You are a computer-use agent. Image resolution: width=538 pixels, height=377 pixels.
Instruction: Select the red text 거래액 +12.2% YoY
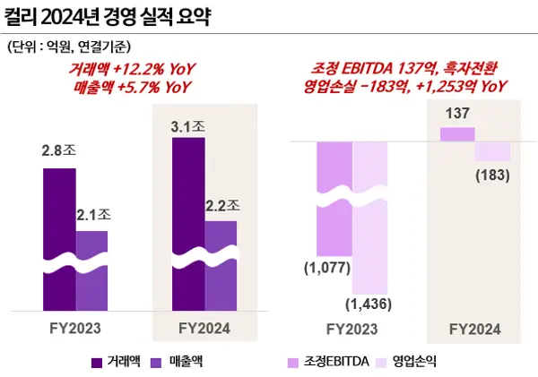(x=134, y=70)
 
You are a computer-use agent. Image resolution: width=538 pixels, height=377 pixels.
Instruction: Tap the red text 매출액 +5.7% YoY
(x=134, y=86)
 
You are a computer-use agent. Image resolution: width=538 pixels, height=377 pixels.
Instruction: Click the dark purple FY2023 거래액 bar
(x=59, y=233)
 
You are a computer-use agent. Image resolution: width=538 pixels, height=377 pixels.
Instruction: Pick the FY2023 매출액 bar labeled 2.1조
(x=91, y=269)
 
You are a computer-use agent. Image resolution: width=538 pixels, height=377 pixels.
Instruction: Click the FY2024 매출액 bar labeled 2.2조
(x=221, y=264)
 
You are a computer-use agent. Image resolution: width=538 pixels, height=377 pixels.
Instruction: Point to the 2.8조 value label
(x=59, y=151)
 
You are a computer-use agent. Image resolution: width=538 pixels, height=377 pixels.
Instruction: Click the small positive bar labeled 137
(x=456, y=133)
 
